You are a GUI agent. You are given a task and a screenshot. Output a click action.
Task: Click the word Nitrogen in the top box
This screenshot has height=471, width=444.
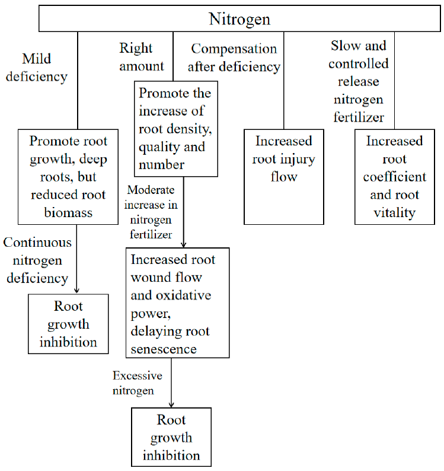[x=239, y=19]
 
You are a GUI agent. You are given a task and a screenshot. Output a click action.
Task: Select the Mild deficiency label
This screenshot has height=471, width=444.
[x=44, y=68]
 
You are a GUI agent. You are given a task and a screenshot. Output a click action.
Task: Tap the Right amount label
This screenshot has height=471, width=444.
[x=141, y=57]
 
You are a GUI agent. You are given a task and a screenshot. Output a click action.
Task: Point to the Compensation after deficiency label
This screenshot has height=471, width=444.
[x=234, y=58]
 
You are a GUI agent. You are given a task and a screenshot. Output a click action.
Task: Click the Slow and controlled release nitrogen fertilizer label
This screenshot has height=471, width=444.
[x=359, y=81]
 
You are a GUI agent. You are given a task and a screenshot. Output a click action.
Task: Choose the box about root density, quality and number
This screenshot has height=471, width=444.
[x=174, y=129]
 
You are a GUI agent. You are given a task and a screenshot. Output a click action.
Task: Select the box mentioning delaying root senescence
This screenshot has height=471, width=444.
[x=177, y=303]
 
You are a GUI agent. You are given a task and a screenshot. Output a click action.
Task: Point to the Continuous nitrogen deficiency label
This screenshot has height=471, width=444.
[x=37, y=260]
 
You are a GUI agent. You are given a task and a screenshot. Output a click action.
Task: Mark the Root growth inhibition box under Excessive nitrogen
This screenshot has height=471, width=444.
[x=171, y=437]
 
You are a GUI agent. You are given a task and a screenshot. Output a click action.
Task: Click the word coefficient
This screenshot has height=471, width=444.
[x=394, y=177]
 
